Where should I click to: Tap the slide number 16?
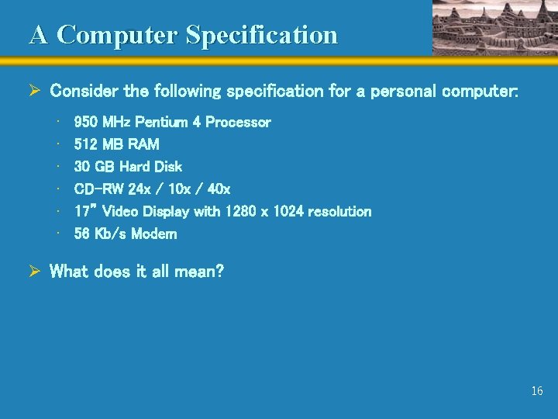[x=536, y=391]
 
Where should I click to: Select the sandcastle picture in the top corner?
[x=494, y=27]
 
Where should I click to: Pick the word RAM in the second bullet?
[x=145, y=144]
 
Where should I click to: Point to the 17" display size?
[x=84, y=211]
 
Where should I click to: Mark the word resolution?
[x=341, y=211]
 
